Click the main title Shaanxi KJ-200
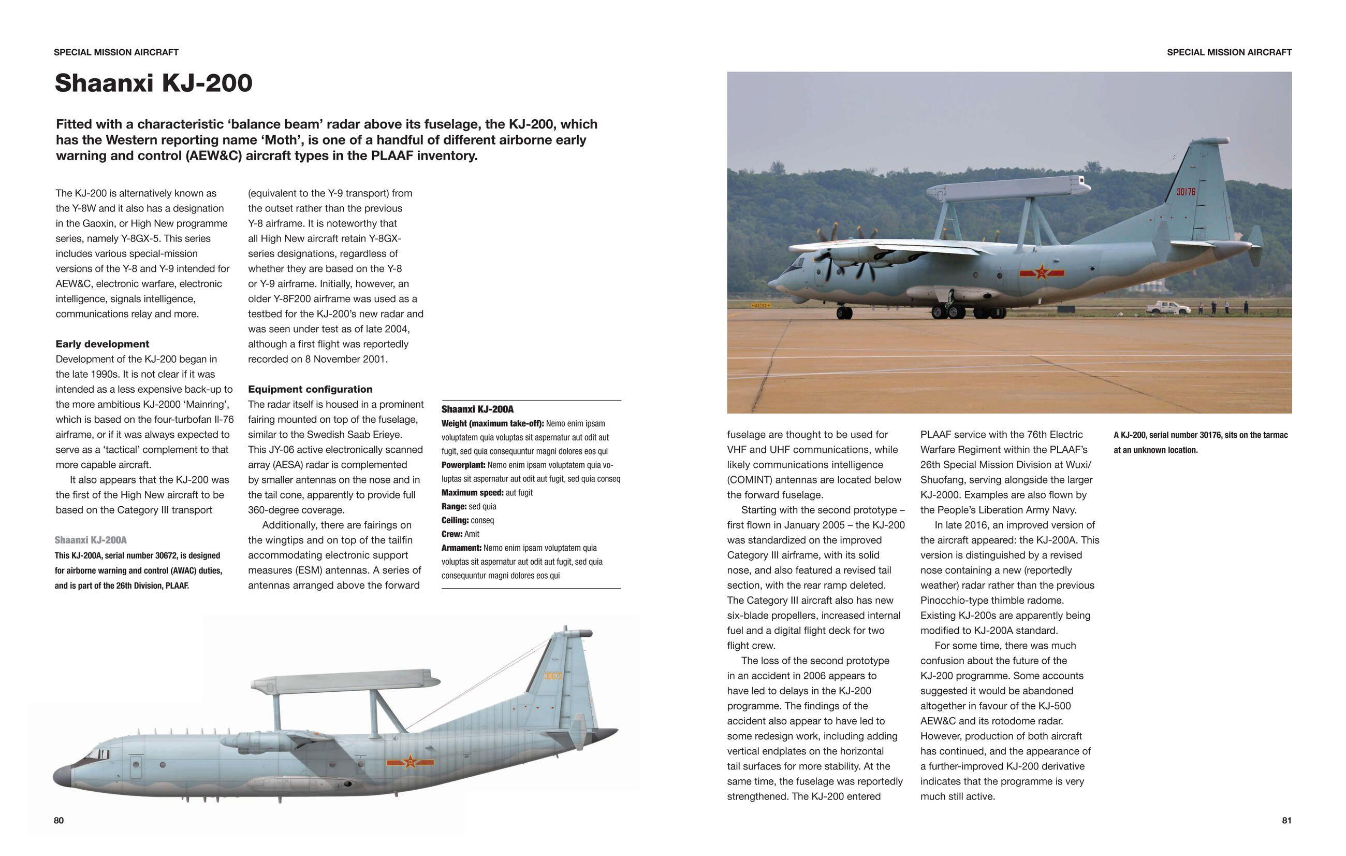tap(154, 83)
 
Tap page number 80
tap(58, 820)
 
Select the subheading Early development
tap(103, 344)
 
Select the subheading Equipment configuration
tap(310, 389)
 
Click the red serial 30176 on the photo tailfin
tap(1186, 192)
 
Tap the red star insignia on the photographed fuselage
tap(1041, 273)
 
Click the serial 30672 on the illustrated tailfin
tap(553, 676)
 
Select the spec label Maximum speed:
tap(472, 493)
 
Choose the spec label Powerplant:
tap(463, 465)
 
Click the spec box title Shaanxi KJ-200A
tap(477, 409)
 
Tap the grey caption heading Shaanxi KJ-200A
tap(91, 540)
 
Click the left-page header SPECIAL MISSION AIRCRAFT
tap(116, 52)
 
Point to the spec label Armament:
tap(461, 548)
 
